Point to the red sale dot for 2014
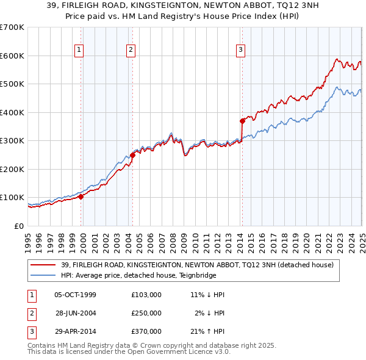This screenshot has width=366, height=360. pos(242,120)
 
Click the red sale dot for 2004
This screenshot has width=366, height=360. pos(132,154)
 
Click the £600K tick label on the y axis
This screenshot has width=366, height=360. pos(12,56)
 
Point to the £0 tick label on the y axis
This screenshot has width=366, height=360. pos(18,226)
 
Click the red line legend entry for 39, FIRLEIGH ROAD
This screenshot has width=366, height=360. pos(197,265)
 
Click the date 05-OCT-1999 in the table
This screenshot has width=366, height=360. pos(75,295)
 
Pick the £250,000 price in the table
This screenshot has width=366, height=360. pos(146,313)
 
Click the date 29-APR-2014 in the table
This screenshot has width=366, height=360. pos(75,332)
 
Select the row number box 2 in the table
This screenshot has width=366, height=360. pos(30,313)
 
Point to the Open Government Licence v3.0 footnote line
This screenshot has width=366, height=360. pos(129,352)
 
